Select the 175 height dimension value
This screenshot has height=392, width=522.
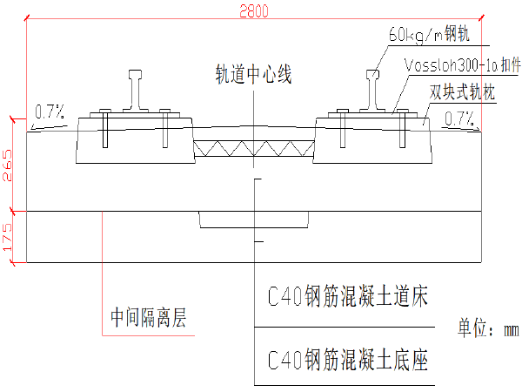pos(9,237)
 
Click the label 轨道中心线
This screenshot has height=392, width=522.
pos(253,75)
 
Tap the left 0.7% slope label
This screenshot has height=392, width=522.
pos(49,112)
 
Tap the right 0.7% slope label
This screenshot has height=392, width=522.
pos(458,118)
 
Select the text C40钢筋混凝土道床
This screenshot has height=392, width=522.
pos(348,297)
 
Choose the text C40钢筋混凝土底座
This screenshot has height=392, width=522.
pos(348,357)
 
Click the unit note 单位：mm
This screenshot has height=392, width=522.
pos(487,329)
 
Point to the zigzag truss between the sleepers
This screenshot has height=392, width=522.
pos(253,149)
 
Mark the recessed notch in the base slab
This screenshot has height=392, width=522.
pos(253,220)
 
